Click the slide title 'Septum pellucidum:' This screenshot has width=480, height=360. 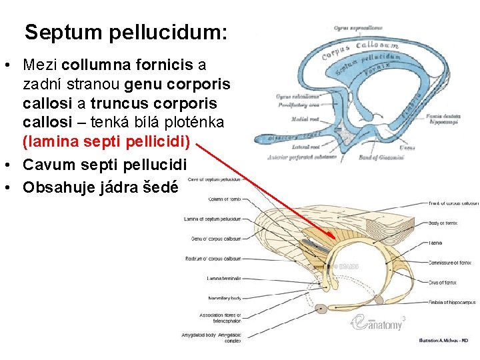pos(125,32)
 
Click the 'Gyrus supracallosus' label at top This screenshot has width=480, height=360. pos(358,28)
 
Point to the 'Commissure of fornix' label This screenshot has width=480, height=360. pos(450,263)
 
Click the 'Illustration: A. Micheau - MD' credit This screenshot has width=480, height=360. pos(443,340)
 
